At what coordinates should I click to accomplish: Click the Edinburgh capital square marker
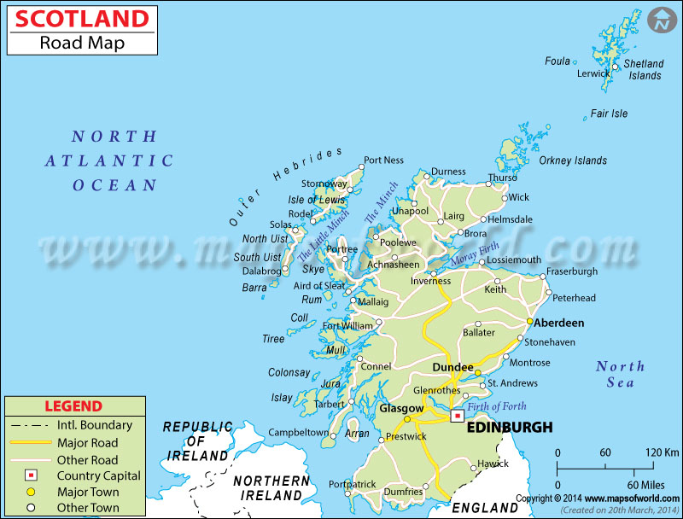(x=458, y=416)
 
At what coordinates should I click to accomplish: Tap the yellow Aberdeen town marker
(x=529, y=322)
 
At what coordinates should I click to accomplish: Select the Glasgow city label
(x=401, y=408)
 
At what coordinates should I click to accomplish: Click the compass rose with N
(x=660, y=20)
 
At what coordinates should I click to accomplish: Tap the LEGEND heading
(x=73, y=406)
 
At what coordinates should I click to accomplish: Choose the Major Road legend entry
(x=88, y=442)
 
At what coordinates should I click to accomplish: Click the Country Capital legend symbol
(x=29, y=475)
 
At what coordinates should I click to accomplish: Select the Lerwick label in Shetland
(x=593, y=73)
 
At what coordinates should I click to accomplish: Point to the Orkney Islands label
(x=573, y=160)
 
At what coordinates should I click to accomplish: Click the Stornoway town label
(x=324, y=183)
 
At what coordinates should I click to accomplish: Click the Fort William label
(x=347, y=325)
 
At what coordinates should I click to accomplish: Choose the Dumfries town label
(x=401, y=492)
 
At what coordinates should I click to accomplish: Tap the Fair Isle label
(x=609, y=114)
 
